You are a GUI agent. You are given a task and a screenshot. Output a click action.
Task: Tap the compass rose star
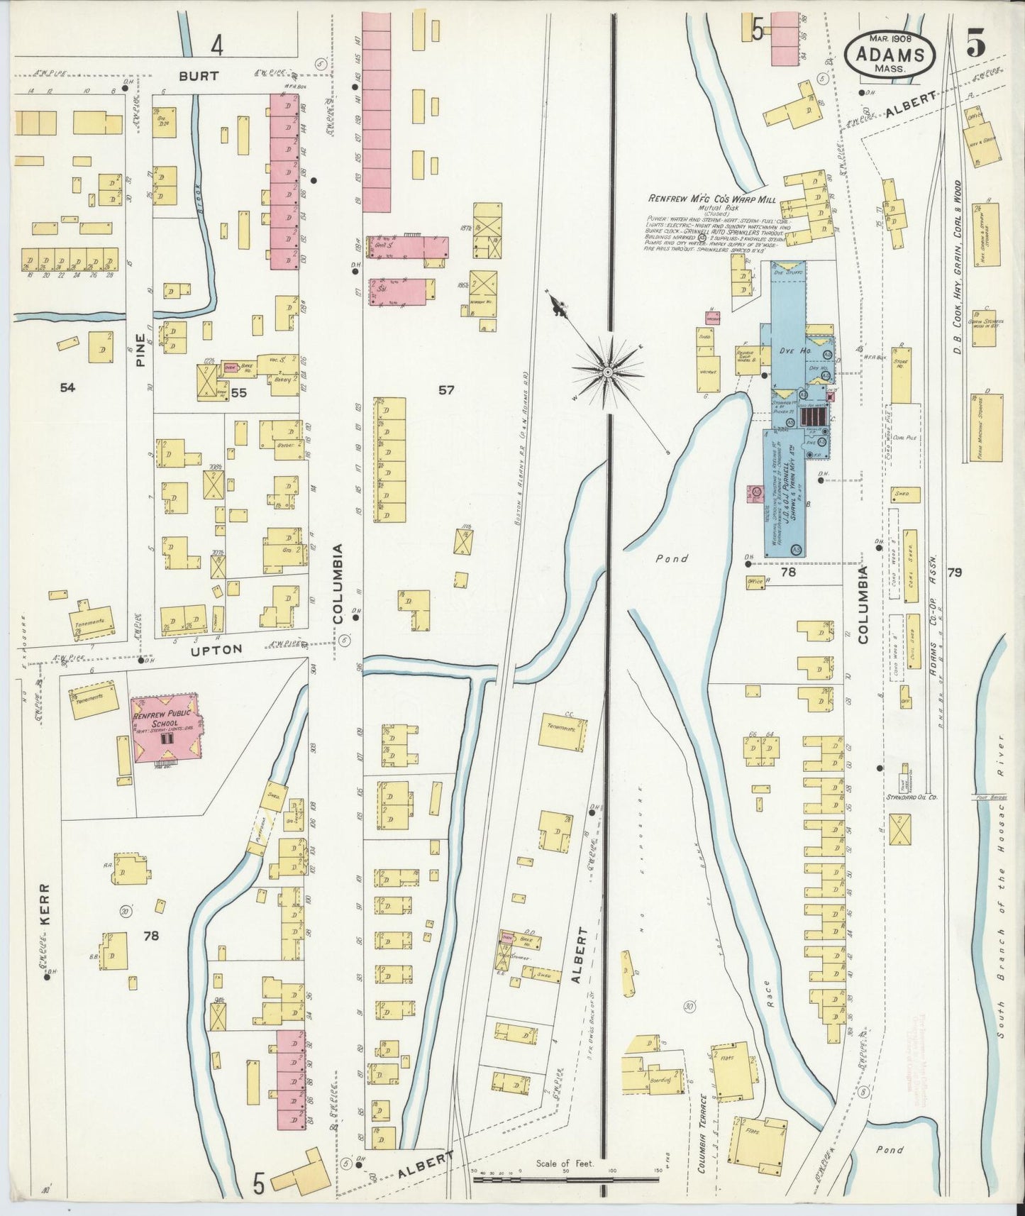tap(608, 372)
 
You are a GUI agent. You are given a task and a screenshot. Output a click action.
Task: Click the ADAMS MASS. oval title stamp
tap(890, 55)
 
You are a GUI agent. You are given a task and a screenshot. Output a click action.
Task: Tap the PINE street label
tap(140, 350)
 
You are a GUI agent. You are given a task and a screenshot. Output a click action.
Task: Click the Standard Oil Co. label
tap(912, 797)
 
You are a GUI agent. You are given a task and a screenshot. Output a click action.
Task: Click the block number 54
tap(67, 387)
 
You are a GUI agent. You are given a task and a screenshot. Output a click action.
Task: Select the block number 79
tap(954, 572)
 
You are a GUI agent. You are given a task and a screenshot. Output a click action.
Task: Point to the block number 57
tap(445, 389)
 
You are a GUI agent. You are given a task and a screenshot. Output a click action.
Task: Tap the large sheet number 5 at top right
tap(975, 45)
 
